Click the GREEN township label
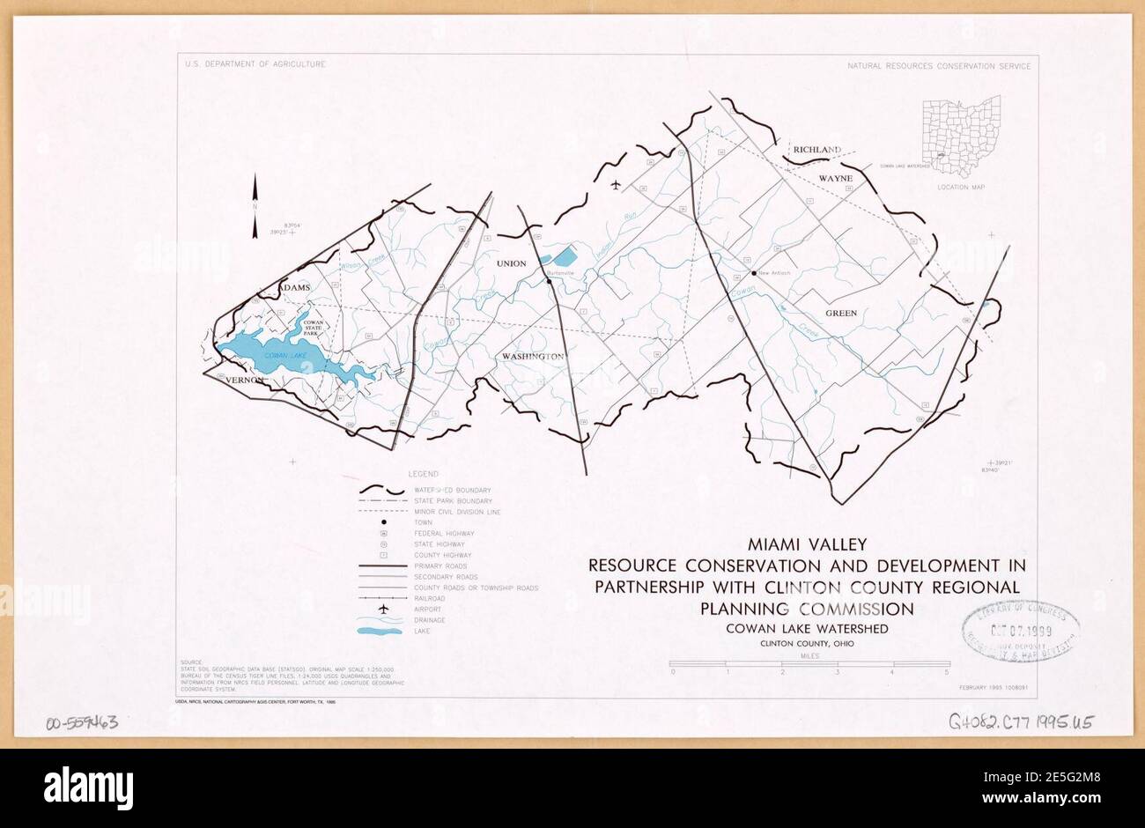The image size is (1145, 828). (841, 313)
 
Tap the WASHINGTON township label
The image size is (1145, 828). (532, 357)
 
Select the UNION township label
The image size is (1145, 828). (511, 263)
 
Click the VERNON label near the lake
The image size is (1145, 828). (245, 380)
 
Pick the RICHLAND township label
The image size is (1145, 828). (816, 151)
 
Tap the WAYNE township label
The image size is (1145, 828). (837, 178)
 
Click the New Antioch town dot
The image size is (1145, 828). (755, 273)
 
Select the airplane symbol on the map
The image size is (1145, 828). (615, 185)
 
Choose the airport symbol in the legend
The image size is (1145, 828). (383, 609)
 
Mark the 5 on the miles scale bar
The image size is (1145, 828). (948, 672)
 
